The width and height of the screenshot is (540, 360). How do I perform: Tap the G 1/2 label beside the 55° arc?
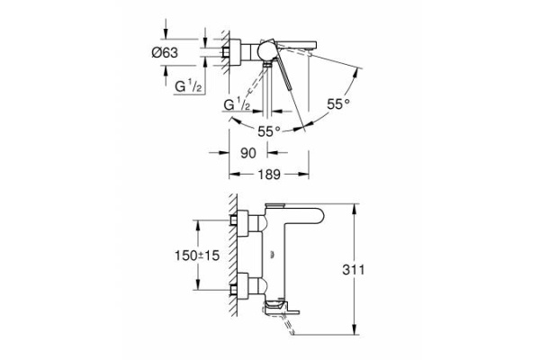coord(236,105)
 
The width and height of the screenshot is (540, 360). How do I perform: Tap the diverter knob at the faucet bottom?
coord(286,310)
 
